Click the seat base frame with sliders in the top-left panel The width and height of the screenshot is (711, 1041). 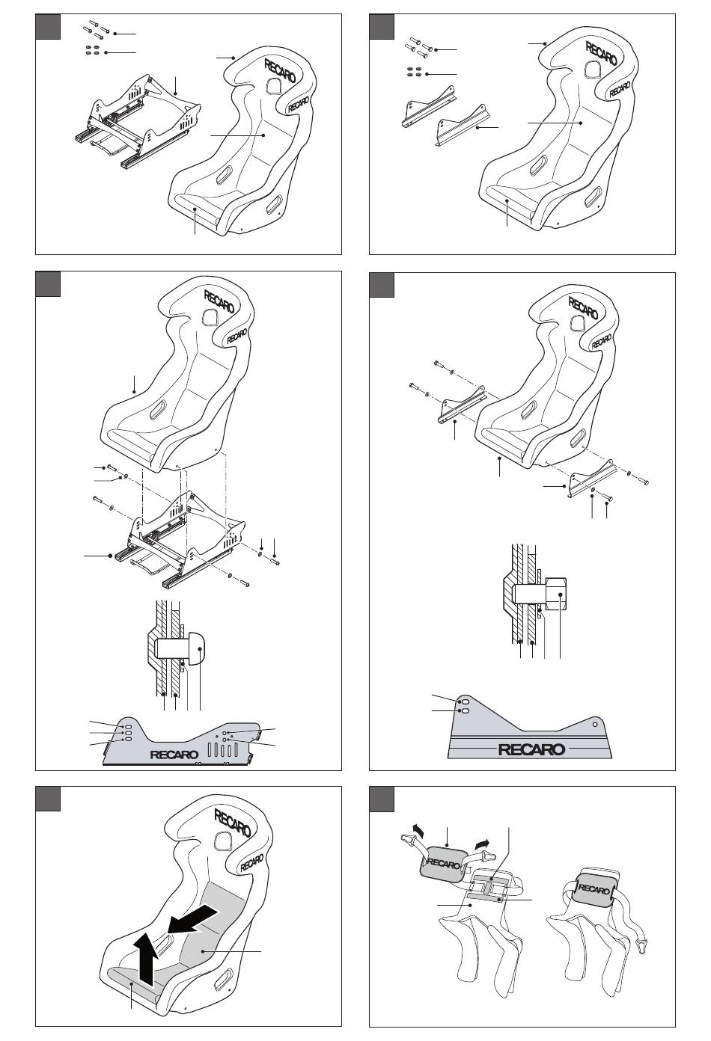point(140,120)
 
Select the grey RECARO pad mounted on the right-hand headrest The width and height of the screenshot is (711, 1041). point(595,889)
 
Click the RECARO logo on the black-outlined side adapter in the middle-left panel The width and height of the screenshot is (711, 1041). point(175,754)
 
